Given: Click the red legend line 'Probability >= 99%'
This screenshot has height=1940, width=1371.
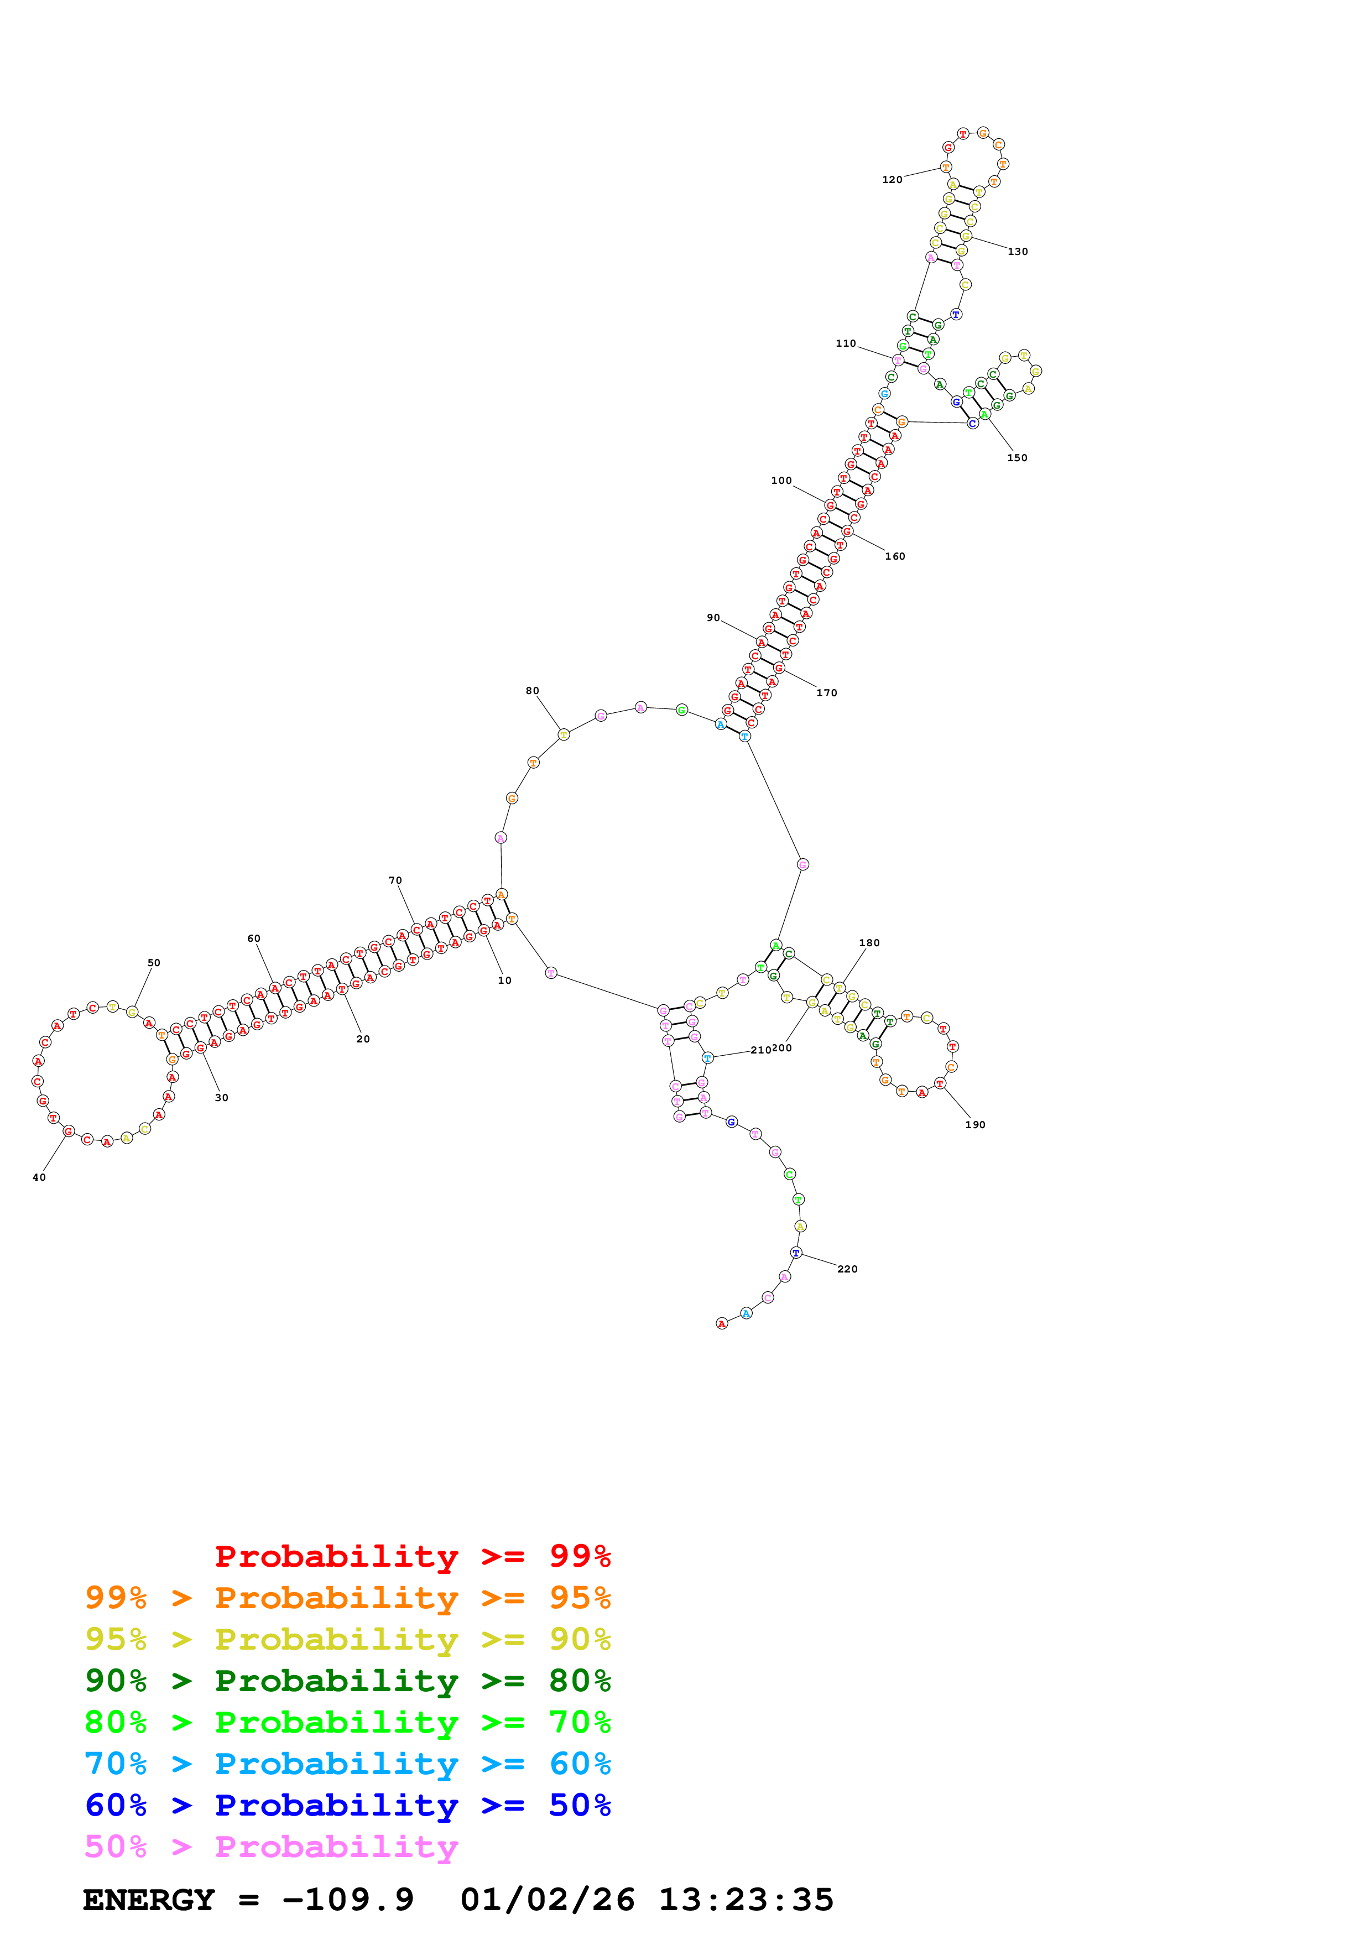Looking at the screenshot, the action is coord(412,1556).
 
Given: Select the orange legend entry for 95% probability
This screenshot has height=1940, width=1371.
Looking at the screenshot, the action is coord(347,1598).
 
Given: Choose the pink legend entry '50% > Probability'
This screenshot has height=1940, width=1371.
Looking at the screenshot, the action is coord(271,1846).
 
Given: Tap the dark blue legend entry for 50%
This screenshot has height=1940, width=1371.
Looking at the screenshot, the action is coord(347,1805).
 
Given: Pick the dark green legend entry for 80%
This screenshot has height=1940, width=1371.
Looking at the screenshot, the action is coord(347,1681).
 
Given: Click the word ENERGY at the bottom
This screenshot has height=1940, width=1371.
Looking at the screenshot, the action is coord(149,1900).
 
